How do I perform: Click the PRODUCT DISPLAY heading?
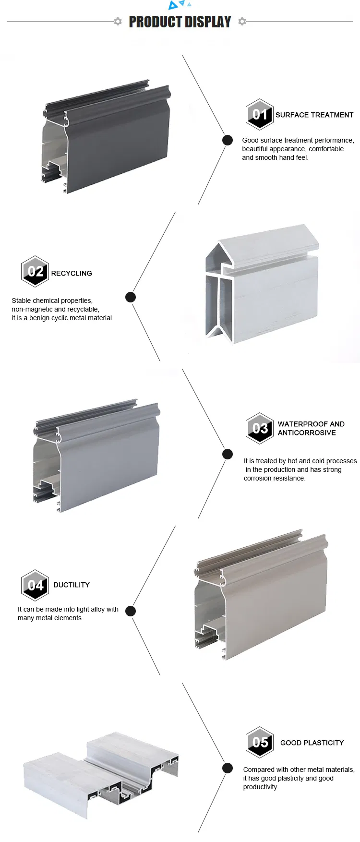[x=180, y=22]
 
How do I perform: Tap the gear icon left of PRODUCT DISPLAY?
[x=118, y=22]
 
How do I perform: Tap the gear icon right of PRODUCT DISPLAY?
[x=242, y=22]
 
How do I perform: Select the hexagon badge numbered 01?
[x=260, y=114]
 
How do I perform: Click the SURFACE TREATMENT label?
[x=314, y=115]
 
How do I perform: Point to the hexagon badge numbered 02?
[x=35, y=271]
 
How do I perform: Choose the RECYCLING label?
[x=72, y=273]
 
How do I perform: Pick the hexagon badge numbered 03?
[x=260, y=428]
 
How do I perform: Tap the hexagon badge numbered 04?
[x=35, y=585]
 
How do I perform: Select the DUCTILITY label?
[x=72, y=585]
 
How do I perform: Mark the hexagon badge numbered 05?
[x=260, y=742]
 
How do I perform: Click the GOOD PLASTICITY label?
[x=312, y=743]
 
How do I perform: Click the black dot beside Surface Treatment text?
[x=228, y=140]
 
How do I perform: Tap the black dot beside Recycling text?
[x=131, y=297]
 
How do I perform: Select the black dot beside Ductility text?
[x=131, y=611]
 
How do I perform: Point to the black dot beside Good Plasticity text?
[x=228, y=768]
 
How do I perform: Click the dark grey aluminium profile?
[x=106, y=139]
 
